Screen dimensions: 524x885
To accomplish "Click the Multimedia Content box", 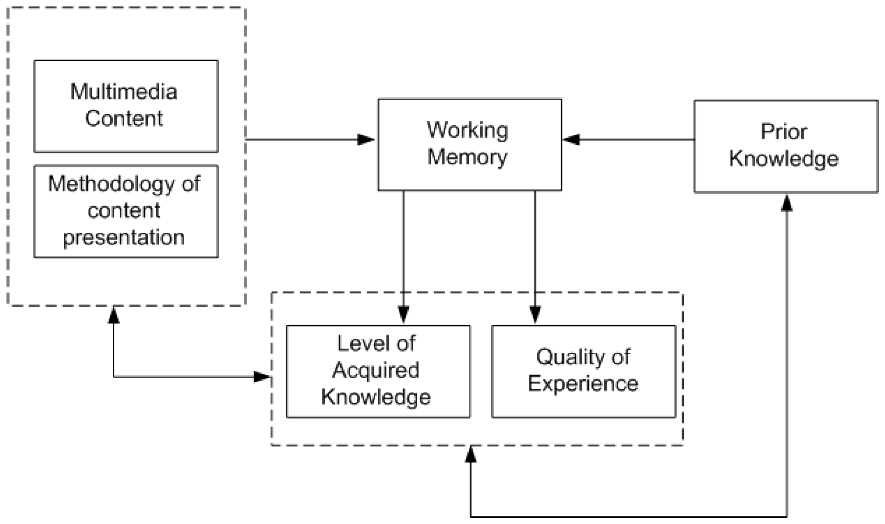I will pyautogui.click(x=126, y=106).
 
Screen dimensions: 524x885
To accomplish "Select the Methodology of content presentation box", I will pyautogui.click(x=126, y=211).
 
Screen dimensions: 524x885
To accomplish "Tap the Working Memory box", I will pyautogui.click(x=469, y=145).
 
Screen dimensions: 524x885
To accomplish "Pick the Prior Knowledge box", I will pyautogui.click(x=786, y=146).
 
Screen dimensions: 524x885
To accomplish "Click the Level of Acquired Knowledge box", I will pyautogui.click(x=378, y=371).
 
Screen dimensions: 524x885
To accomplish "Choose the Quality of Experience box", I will pyautogui.click(x=583, y=371).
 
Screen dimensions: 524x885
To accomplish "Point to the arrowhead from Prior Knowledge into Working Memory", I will pyautogui.click(x=571, y=140).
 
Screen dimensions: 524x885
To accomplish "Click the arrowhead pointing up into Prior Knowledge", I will pyautogui.click(x=787, y=203).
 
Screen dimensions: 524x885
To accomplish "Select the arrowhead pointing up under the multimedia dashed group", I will pyautogui.click(x=114, y=315).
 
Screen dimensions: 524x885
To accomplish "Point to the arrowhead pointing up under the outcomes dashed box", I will pyautogui.click(x=471, y=455).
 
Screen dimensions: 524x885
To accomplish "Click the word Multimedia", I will pyautogui.click(x=124, y=92).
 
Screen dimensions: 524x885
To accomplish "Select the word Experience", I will pyautogui.click(x=583, y=383).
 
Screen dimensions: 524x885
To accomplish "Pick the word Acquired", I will pyautogui.click(x=376, y=370).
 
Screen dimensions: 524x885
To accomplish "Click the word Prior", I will pyautogui.click(x=784, y=132).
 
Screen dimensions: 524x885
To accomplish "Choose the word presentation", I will pyautogui.click(x=124, y=238).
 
